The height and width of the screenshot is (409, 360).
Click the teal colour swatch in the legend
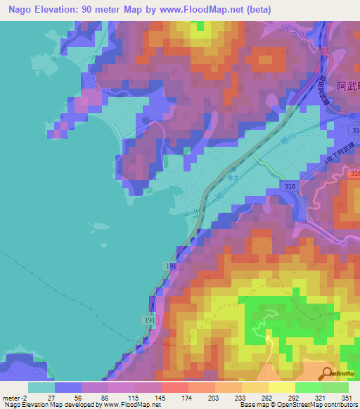[41, 387]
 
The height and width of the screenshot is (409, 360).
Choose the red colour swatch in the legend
[174, 387]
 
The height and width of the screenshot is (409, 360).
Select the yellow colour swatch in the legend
[281, 387]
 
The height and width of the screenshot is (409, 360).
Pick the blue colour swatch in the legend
[68, 387]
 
